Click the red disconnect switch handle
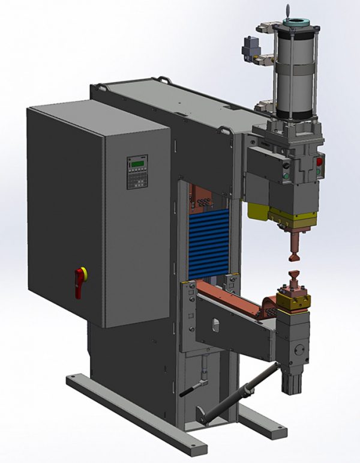click(80, 282)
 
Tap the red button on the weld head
click(319, 161)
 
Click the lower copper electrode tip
click(295, 281)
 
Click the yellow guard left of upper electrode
click(257, 210)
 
